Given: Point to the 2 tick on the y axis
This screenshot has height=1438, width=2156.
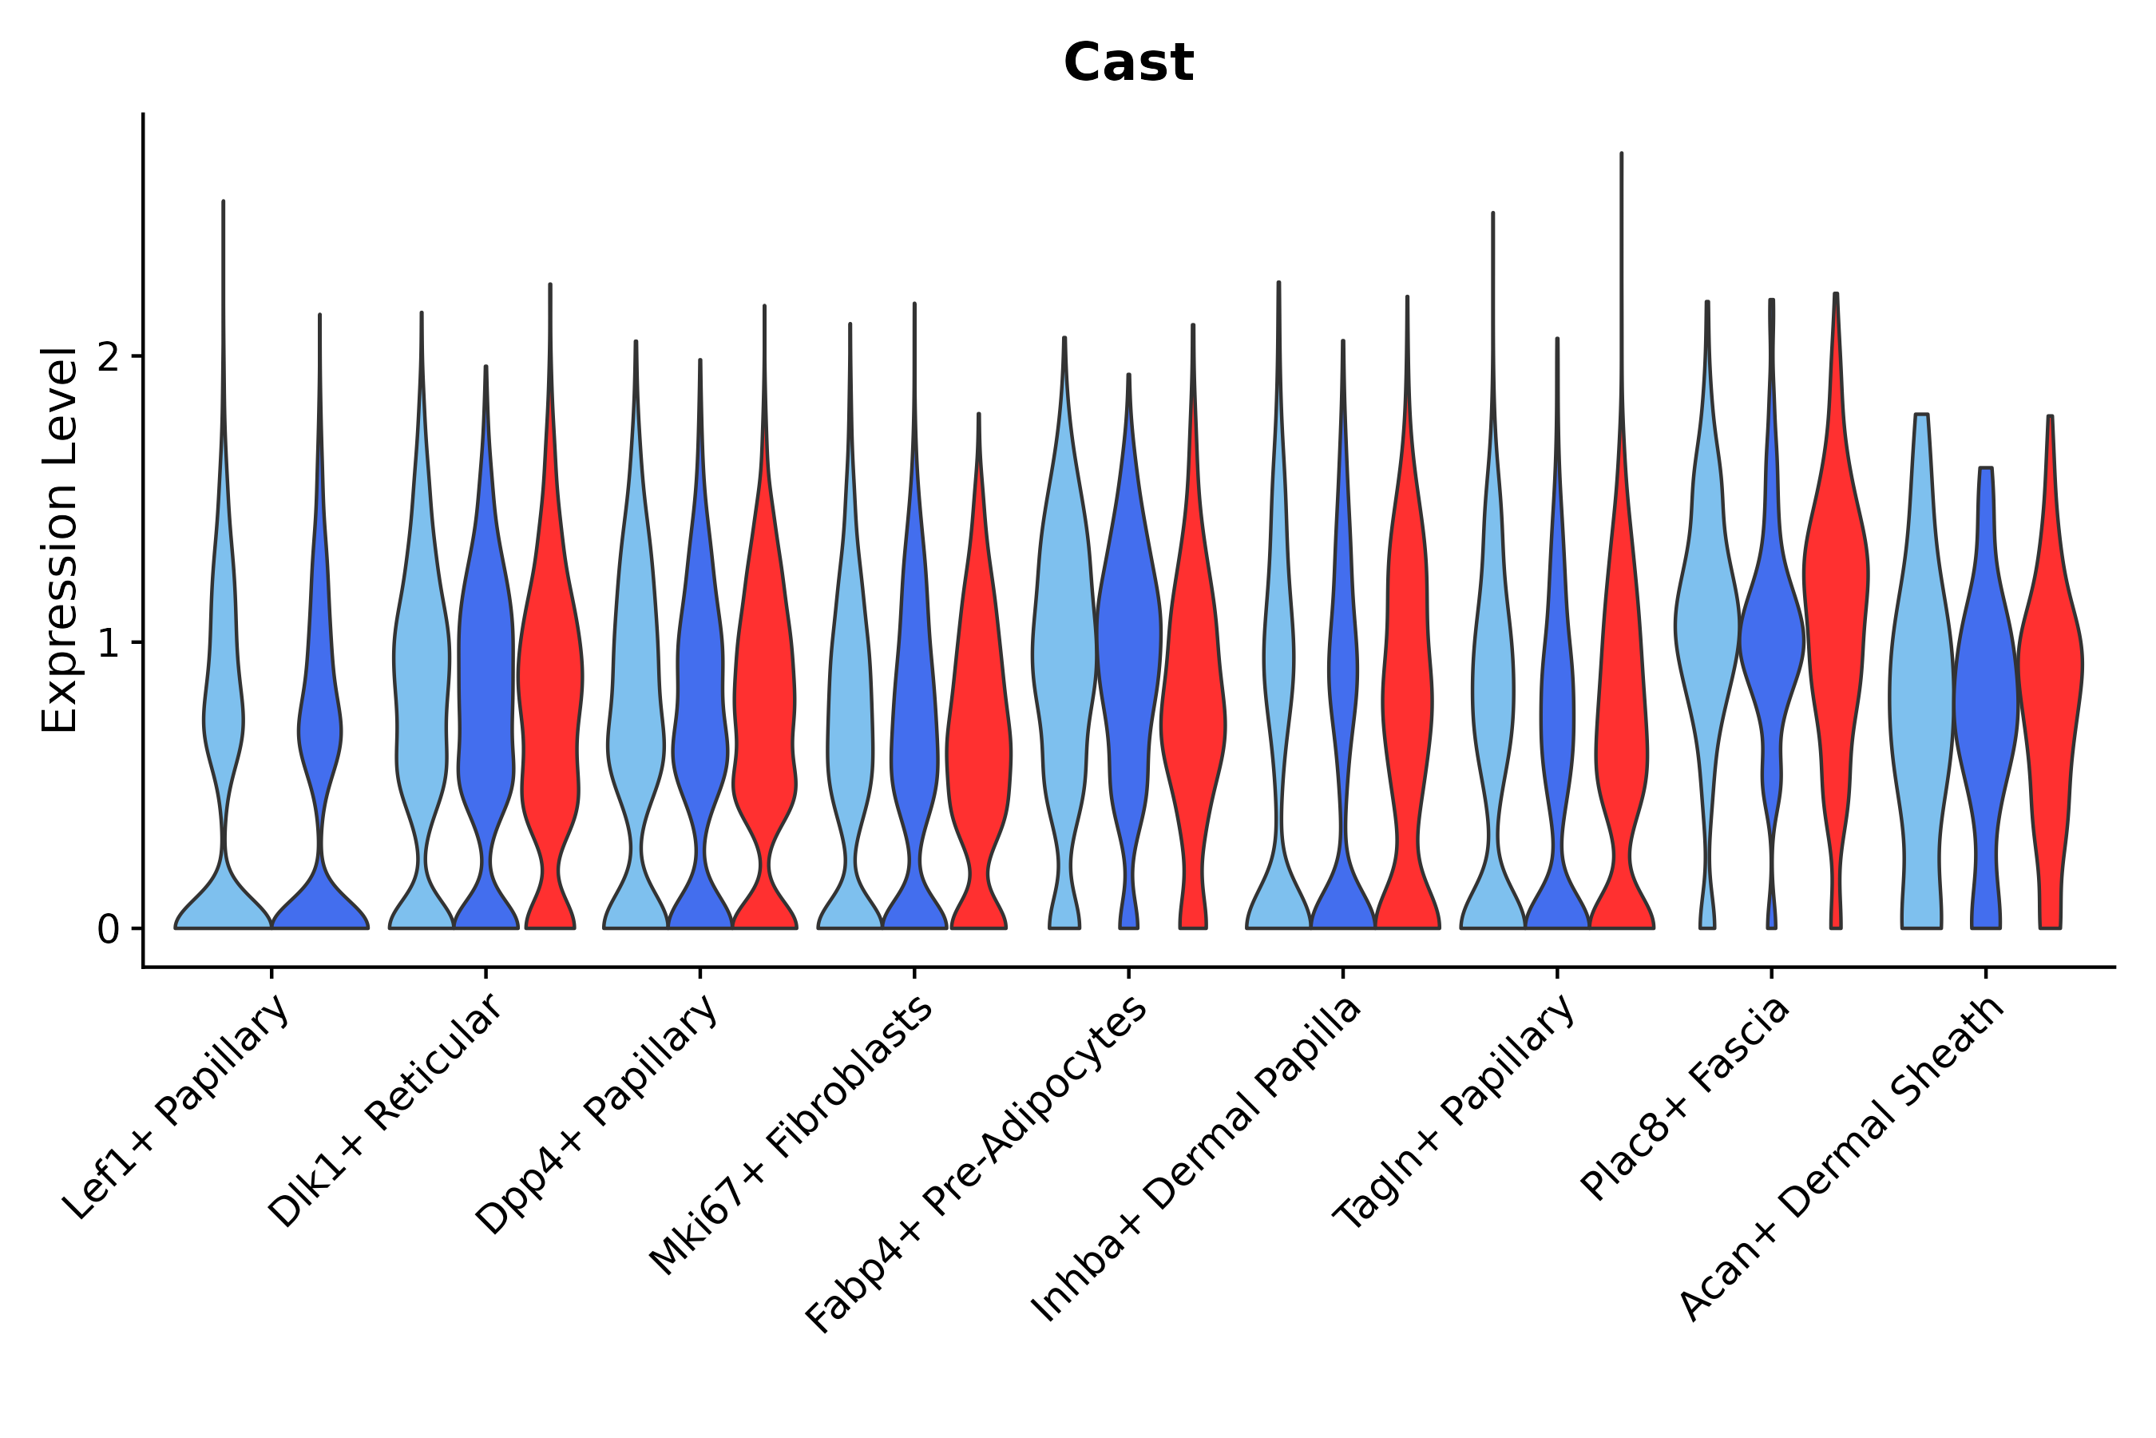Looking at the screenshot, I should (108, 357).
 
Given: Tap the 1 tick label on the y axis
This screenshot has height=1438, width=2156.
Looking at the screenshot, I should (108, 644).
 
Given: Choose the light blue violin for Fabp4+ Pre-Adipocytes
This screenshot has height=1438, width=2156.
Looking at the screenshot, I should (1064, 642).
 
